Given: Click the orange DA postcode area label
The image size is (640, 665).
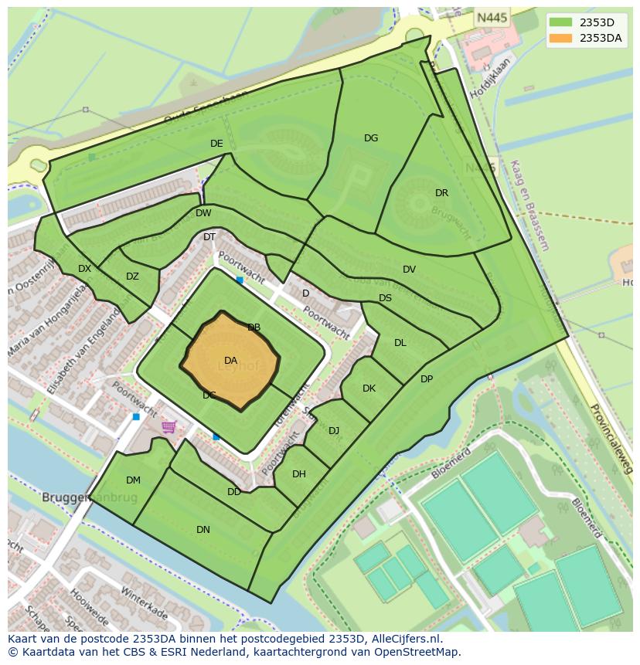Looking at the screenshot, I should pyautogui.click(x=230, y=361).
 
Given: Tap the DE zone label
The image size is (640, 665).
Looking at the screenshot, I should pyautogui.click(x=216, y=144).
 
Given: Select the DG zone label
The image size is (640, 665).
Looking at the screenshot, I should pyautogui.click(x=371, y=138).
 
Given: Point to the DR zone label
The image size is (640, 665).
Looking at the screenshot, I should pyautogui.click(x=441, y=193).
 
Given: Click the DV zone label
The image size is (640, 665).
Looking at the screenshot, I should pyautogui.click(x=409, y=270).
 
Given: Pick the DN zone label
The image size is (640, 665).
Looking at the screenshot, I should pyautogui.click(x=203, y=530).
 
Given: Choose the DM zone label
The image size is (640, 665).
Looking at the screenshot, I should pyautogui.click(x=133, y=480).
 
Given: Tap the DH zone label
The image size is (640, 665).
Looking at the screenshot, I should pyautogui.click(x=299, y=474).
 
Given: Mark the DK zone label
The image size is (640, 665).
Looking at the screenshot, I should pyautogui.click(x=369, y=388).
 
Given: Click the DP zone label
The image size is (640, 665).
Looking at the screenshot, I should pyautogui.click(x=427, y=379).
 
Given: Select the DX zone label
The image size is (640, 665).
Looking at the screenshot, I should pyautogui.click(x=84, y=269).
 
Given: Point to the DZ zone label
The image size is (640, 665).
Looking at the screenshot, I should pyautogui.click(x=132, y=277).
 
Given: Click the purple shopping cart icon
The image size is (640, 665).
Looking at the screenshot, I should pyautogui.click(x=169, y=427).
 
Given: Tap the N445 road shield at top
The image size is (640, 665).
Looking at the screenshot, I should pyautogui.click(x=492, y=17).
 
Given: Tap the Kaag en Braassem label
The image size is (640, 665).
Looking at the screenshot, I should pyautogui.click(x=529, y=205).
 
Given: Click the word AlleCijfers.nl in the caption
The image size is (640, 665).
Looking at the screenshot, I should pyautogui.click(x=403, y=639).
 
